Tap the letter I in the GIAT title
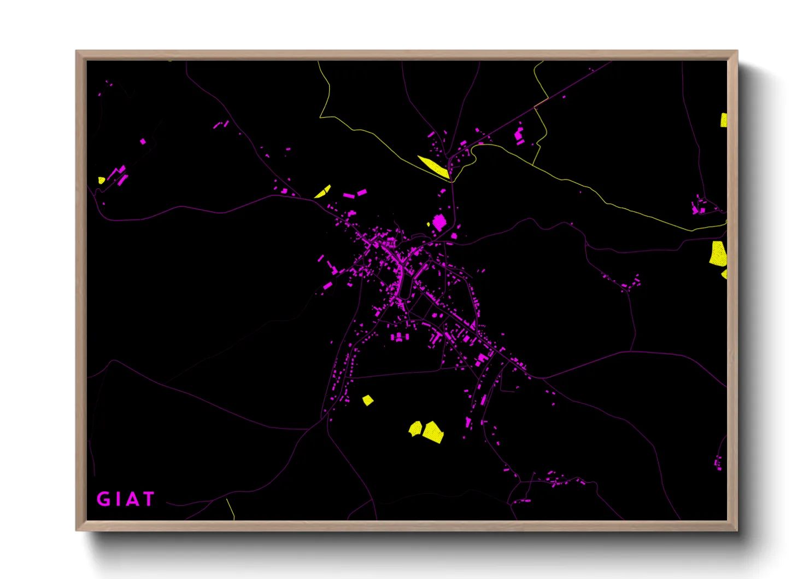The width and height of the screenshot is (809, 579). [x=116, y=499]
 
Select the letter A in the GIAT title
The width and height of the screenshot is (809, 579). [x=132, y=499]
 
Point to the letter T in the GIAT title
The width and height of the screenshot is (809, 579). [x=148, y=499]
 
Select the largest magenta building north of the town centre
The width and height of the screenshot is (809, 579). [x=439, y=222]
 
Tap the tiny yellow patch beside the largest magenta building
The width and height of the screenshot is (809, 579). [x=429, y=224]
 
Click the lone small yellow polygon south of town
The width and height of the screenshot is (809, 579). [x=368, y=401]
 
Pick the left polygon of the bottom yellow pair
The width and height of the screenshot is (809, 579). [x=415, y=429]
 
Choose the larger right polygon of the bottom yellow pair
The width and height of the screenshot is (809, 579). [x=433, y=432]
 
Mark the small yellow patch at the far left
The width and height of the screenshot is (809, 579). [x=101, y=180]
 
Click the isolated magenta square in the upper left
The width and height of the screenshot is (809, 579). [x=143, y=141]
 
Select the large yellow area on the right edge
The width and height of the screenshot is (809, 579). [x=718, y=254]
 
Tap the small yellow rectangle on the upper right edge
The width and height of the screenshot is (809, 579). [x=724, y=120]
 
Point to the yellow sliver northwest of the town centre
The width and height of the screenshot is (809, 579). [x=323, y=191]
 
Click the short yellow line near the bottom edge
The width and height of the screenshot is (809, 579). [x=231, y=509]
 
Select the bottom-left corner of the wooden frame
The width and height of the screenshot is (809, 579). [x=77, y=529]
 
